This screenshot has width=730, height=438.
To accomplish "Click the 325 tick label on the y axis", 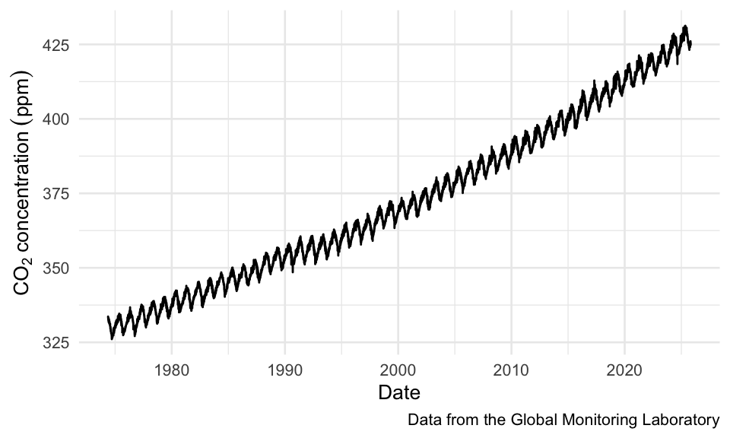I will click(x=58, y=343).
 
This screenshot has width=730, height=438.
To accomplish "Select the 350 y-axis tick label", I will click(x=58, y=268).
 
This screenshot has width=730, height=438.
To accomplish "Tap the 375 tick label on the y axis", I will click(x=58, y=194).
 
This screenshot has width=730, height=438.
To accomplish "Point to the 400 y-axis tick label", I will click(x=58, y=119).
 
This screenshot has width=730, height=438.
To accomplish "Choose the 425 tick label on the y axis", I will click(x=58, y=45).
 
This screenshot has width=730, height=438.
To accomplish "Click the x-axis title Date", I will click(x=399, y=393).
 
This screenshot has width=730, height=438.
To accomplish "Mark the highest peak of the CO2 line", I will click(x=685, y=27).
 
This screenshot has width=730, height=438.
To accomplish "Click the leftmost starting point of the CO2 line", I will click(x=108, y=316).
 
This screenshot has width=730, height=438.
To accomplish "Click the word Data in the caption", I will click(x=423, y=420).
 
